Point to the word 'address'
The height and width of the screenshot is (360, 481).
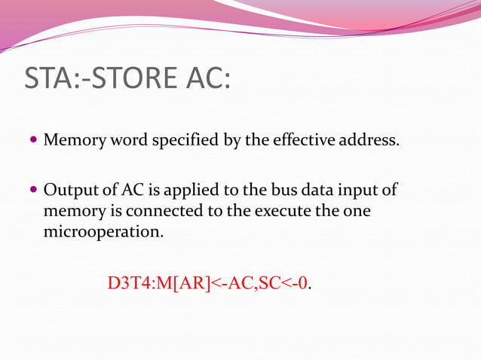pyautogui.click(x=369, y=140)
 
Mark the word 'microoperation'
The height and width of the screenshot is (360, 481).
pyautogui.click(x=102, y=231)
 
